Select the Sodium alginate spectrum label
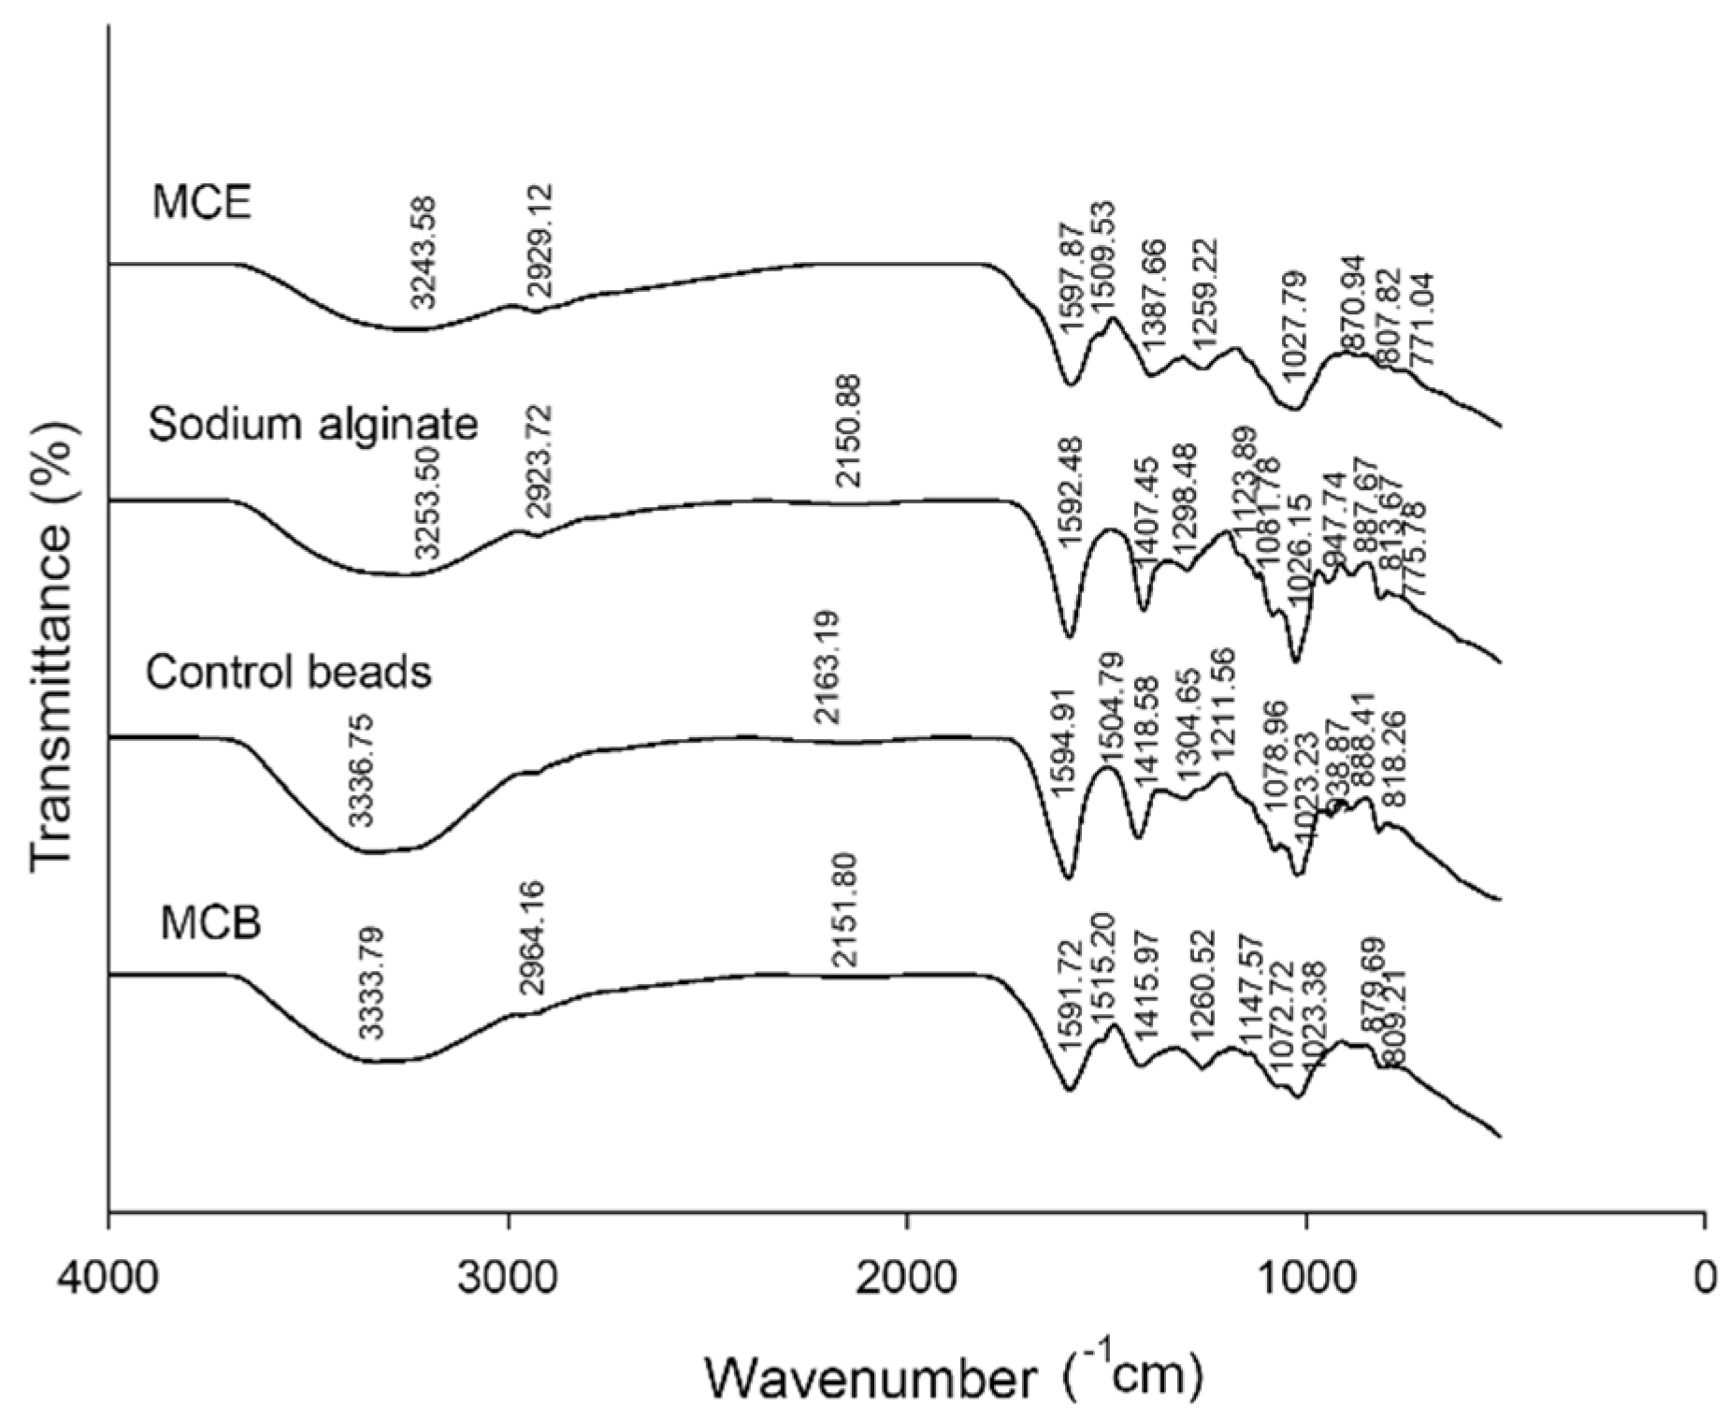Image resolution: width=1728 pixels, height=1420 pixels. click(x=313, y=424)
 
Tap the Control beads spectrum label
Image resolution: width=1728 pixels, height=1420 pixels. click(x=289, y=672)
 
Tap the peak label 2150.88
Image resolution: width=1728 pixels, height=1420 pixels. click(x=850, y=430)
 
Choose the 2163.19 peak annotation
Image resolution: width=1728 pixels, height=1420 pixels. click(x=828, y=667)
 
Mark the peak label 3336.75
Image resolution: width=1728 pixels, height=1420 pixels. click(x=361, y=770)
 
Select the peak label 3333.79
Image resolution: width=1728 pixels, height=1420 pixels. click(x=372, y=983)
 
